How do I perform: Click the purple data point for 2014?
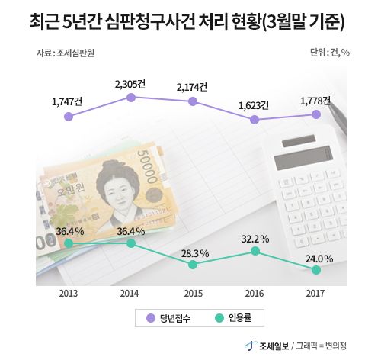[x=131, y=98]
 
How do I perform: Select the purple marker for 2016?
[x=255, y=120]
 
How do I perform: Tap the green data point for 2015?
[x=193, y=265]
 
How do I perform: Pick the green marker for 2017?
[x=316, y=270]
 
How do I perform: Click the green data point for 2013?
[x=69, y=243]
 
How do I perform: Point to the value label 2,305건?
[x=130, y=84]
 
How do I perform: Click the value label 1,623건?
[x=254, y=106]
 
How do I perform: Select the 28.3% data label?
[x=195, y=253]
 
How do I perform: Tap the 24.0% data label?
[x=319, y=259]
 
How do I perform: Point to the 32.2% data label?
[x=255, y=239]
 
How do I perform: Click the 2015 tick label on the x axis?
[x=194, y=294]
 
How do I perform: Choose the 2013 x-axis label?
[x=69, y=294]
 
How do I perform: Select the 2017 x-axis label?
[x=315, y=294]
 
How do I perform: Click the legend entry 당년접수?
[x=168, y=318]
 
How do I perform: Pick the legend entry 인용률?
[x=233, y=318]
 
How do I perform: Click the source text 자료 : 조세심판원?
[x=66, y=53]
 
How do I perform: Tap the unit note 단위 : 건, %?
[x=330, y=53]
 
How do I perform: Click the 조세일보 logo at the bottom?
[x=267, y=346]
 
